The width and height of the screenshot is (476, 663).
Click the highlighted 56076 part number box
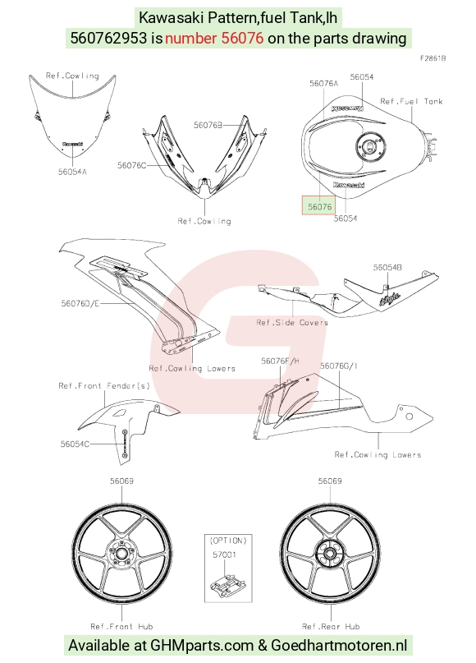click(319, 206)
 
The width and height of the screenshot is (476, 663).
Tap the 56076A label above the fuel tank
click(323, 84)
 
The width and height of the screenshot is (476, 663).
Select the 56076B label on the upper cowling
click(208, 125)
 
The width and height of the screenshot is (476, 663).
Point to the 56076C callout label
click(131, 165)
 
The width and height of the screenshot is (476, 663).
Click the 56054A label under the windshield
click(72, 172)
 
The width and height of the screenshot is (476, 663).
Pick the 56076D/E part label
click(80, 303)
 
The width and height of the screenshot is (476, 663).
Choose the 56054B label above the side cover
click(387, 267)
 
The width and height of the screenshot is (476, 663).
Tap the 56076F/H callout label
click(280, 361)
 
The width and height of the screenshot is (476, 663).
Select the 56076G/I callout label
click(338, 366)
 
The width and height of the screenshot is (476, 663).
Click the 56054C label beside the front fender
click(75, 444)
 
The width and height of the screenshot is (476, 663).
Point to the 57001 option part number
click(224, 555)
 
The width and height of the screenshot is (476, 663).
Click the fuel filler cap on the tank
click(370, 146)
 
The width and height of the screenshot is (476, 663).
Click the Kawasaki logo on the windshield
click(73, 145)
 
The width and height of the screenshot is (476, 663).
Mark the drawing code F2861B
click(433, 58)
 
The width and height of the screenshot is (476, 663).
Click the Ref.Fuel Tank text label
click(411, 102)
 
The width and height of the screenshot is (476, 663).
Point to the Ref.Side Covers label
click(292, 323)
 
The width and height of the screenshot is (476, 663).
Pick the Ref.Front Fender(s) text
click(104, 385)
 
